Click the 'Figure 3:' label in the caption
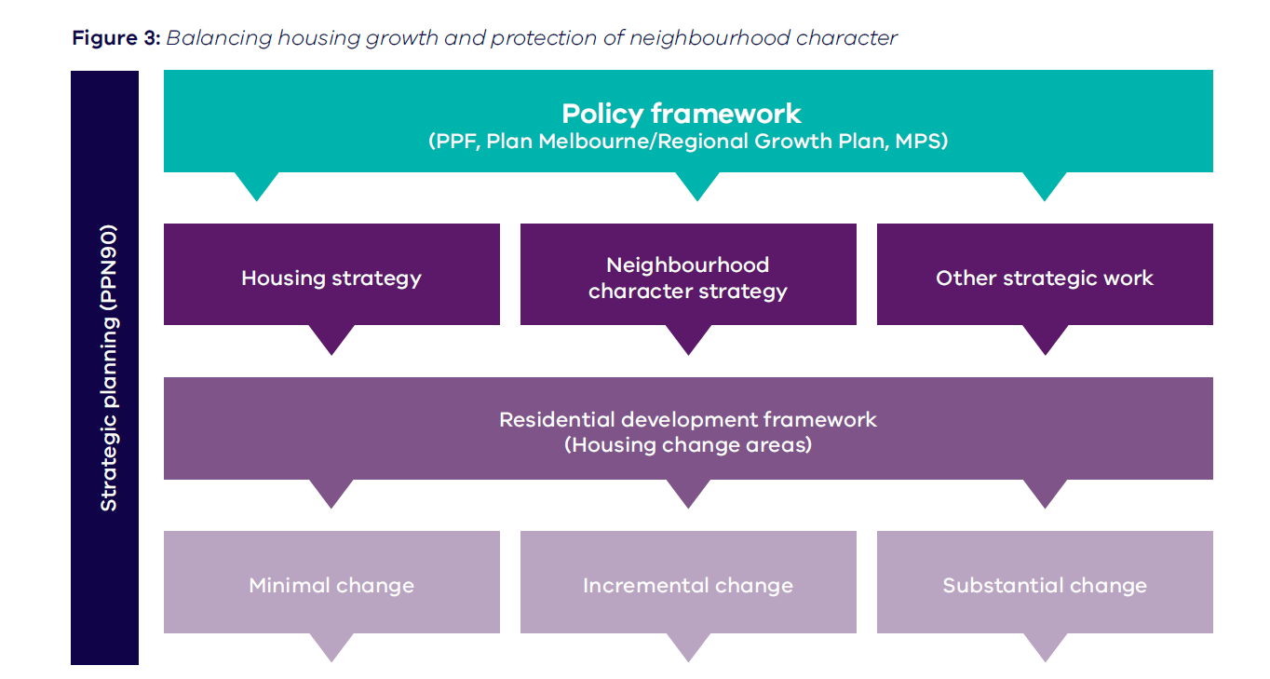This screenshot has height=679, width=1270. [116, 38]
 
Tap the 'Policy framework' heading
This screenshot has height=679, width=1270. [681, 114]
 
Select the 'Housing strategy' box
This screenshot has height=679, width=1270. [331, 278]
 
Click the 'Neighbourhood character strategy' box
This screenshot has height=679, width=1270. [688, 278]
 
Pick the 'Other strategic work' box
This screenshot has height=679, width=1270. [1045, 278]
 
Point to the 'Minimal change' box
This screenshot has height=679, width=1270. [331, 585]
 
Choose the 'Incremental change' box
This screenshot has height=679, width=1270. [688, 585]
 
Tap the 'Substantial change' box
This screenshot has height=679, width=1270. [1045, 585]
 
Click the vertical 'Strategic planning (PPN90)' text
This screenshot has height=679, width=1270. [109, 367]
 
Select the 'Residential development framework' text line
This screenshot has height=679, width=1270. [688, 419]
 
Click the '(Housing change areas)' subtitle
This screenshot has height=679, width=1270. [688, 444]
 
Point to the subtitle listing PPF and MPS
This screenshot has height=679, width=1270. [688, 143]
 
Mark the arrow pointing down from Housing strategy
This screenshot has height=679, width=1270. [331, 338]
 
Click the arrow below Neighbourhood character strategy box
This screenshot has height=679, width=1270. [688, 338]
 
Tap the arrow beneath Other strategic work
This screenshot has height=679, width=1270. [1045, 338]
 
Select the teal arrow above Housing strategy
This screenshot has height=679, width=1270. [258, 184]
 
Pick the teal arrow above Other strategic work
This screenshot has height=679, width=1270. [1045, 184]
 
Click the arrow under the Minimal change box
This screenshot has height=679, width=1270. [331, 645]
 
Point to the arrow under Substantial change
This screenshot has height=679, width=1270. [1045, 645]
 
